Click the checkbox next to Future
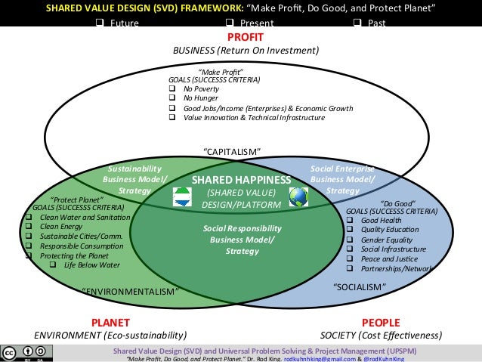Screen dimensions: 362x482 click(x=98, y=23)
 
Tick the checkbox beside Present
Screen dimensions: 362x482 click(x=227, y=23)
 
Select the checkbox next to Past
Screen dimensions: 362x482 click(x=357, y=23)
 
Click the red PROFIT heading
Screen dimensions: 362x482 click(x=245, y=37)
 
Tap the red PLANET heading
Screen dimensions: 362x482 click(x=110, y=321)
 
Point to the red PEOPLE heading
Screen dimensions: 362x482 click(x=381, y=321)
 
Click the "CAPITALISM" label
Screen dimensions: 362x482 click(x=233, y=151)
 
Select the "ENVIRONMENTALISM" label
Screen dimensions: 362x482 click(x=129, y=290)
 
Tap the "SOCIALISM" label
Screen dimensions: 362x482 click(x=360, y=286)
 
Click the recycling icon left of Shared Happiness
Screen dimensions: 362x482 click(x=182, y=196)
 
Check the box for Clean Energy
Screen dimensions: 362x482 click(x=27, y=226)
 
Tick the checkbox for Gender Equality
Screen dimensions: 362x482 click(x=351, y=240)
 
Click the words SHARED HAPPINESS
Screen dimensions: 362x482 click(x=241, y=180)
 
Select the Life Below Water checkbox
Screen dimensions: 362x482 click(x=53, y=265)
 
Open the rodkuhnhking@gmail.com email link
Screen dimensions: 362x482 click(x=320, y=359)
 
